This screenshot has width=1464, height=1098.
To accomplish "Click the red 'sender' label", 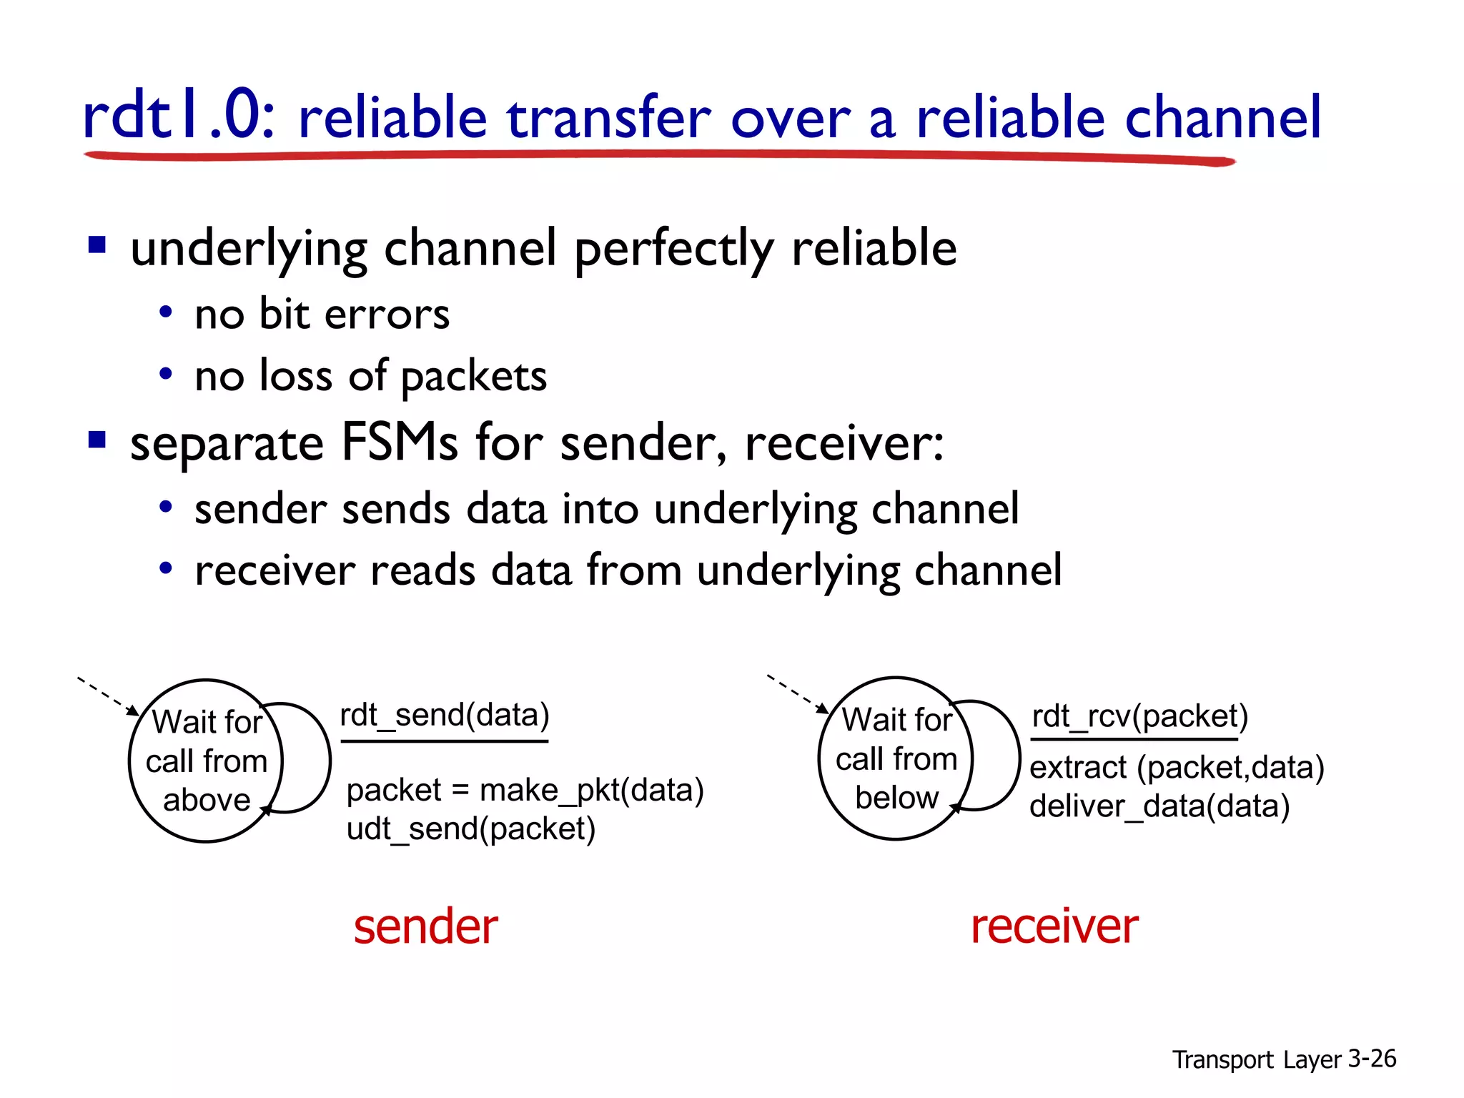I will [x=425, y=926].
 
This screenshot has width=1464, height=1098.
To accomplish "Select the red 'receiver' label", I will [x=1054, y=926].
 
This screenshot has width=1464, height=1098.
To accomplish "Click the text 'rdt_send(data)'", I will [x=444, y=715].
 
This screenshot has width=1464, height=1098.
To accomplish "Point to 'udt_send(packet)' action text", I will [x=470, y=829].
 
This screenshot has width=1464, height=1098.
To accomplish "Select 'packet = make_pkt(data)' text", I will [x=525, y=791].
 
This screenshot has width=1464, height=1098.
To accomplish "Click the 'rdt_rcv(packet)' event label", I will [x=1139, y=716].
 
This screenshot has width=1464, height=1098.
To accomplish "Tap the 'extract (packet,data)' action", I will [x=1177, y=768].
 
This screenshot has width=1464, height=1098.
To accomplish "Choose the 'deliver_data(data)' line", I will [x=1159, y=806].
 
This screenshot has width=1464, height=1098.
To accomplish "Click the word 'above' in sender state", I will [x=207, y=800].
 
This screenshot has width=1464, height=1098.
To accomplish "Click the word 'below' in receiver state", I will [x=896, y=798].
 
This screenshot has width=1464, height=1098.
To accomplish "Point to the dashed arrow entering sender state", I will [x=107, y=696].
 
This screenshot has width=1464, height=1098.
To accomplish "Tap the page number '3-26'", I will [x=1371, y=1059].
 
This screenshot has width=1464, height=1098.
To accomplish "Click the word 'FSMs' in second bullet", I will [x=399, y=442].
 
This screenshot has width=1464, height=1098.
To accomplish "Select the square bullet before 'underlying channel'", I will [x=97, y=246].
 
